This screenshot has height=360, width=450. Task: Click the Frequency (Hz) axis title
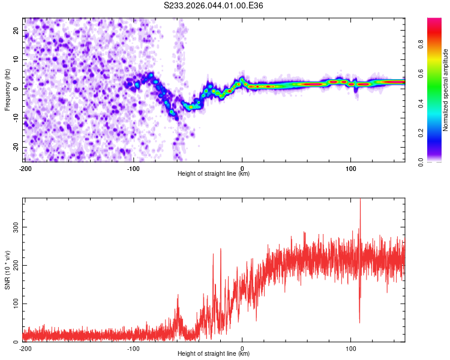(x=7, y=89)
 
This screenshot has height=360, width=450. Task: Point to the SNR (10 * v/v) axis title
(x=7, y=269)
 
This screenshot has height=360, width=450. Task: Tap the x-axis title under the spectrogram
(x=214, y=174)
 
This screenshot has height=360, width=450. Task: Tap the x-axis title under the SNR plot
(x=214, y=354)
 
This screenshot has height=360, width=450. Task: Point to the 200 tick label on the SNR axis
(x=14, y=265)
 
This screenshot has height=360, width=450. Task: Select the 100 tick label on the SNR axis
(x=14, y=304)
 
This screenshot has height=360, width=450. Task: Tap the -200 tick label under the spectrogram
(x=25, y=169)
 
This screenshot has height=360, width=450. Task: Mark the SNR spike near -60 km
(x=178, y=296)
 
